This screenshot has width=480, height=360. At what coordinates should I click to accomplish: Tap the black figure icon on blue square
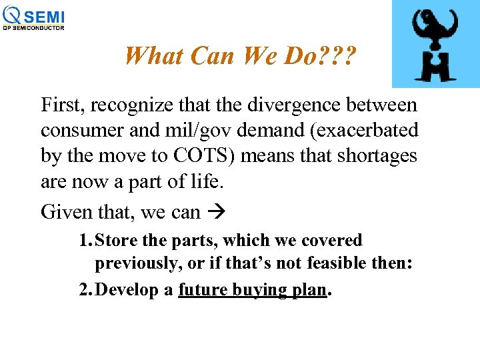tap(435, 44)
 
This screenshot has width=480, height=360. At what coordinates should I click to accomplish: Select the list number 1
tap(85, 241)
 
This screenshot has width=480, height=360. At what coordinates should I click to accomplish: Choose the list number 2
tap(85, 290)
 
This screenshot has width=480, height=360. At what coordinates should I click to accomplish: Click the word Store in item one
tap(116, 241)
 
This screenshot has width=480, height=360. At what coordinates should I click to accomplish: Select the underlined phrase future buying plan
tap(253, 291)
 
